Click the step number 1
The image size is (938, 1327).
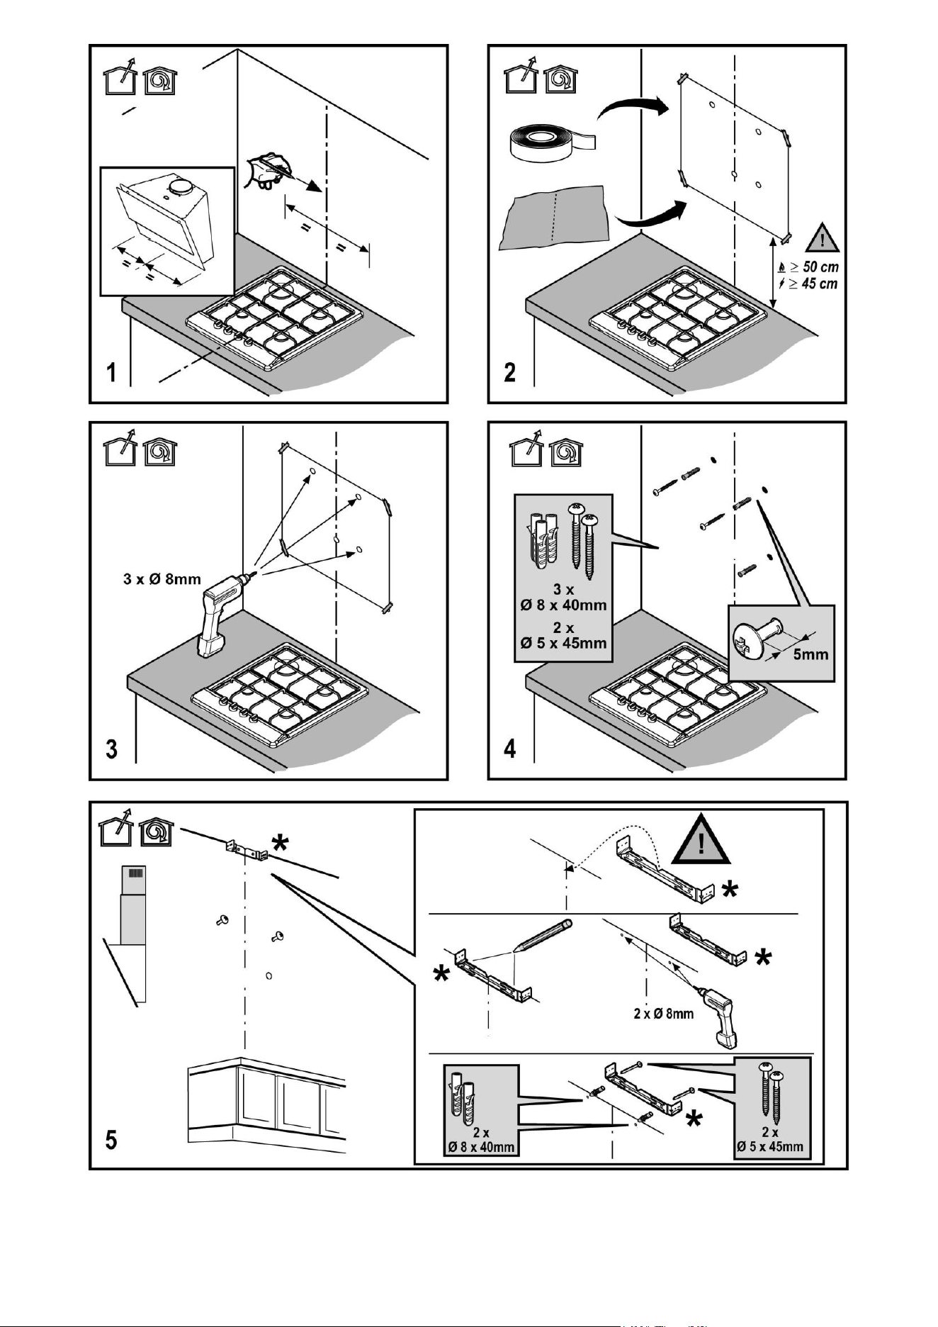111,373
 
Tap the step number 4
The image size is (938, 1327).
510,749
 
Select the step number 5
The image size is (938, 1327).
111,1141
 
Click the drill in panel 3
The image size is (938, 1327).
223,614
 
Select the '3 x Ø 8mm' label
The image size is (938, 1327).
162,579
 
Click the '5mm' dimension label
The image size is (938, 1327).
810,654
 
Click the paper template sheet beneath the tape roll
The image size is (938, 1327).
554,217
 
